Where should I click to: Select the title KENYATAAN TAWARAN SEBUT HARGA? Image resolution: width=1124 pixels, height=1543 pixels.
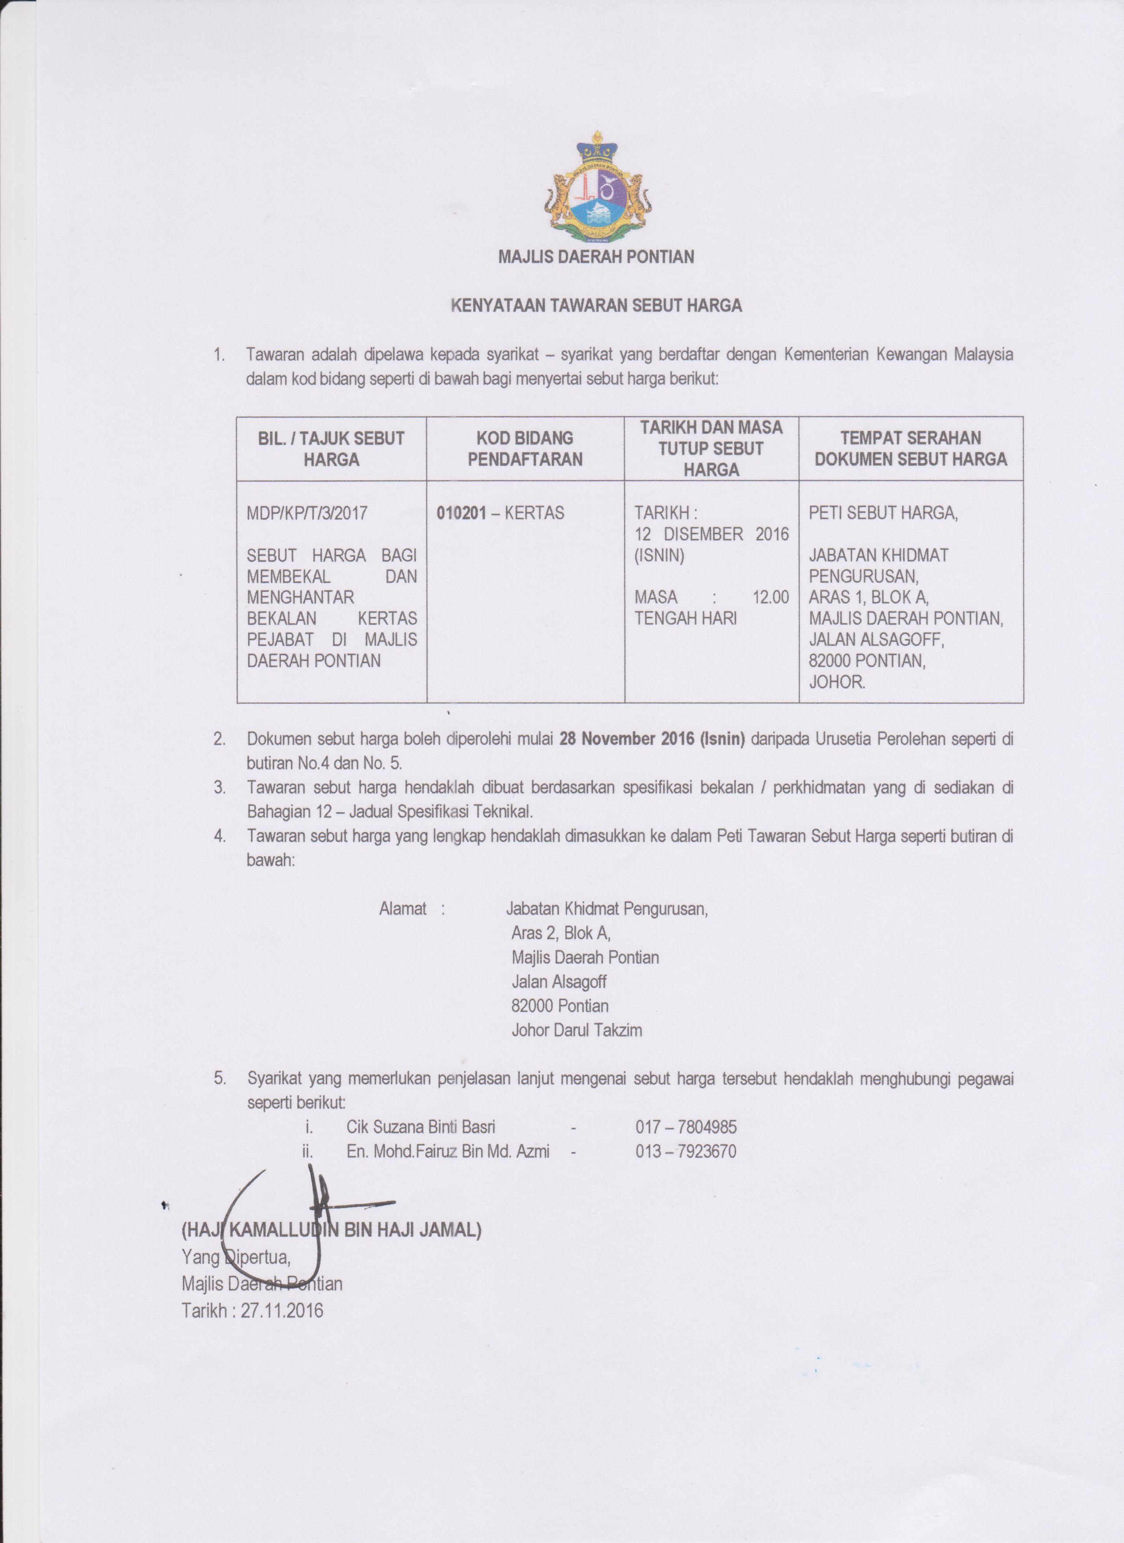point(597,305)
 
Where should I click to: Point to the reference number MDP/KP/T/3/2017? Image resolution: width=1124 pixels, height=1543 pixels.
point(307,513)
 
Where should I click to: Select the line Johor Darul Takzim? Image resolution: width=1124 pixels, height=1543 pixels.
point(576,1030)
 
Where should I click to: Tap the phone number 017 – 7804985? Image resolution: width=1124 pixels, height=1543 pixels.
point(686,1127)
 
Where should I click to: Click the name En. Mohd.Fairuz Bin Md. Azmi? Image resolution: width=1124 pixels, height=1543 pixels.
point(448,1151)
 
